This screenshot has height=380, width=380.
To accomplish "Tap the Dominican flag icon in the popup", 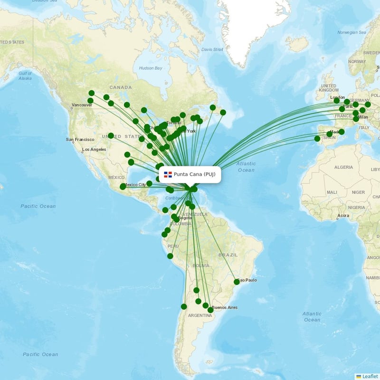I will [x=167, y=174].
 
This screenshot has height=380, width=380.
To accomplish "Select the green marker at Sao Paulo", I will [x=237, y=282].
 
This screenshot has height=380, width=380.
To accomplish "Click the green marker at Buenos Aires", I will [x=210, y=310].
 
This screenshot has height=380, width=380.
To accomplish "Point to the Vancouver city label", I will [x=82, y=105].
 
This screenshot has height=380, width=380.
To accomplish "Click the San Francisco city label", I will [x=81, y=140].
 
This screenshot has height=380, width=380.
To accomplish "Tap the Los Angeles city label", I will [x=94, y=150].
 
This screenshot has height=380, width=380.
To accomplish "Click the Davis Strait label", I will [x=212, y=49].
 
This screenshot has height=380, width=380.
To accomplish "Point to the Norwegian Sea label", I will [x=351, y=32].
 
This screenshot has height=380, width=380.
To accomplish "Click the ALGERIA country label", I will [x=343, y=167].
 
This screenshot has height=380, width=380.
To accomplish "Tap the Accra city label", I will [x=343, y=216].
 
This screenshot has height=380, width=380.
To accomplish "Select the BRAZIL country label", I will [x=228, y=255].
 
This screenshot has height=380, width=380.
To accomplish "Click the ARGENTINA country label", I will [x=200, y=315].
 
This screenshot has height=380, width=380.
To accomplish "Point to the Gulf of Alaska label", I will [x=25, y=76].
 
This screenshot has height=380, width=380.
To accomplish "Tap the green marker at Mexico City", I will [x=123, y=187].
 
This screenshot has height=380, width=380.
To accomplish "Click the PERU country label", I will [x=173, y=246].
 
